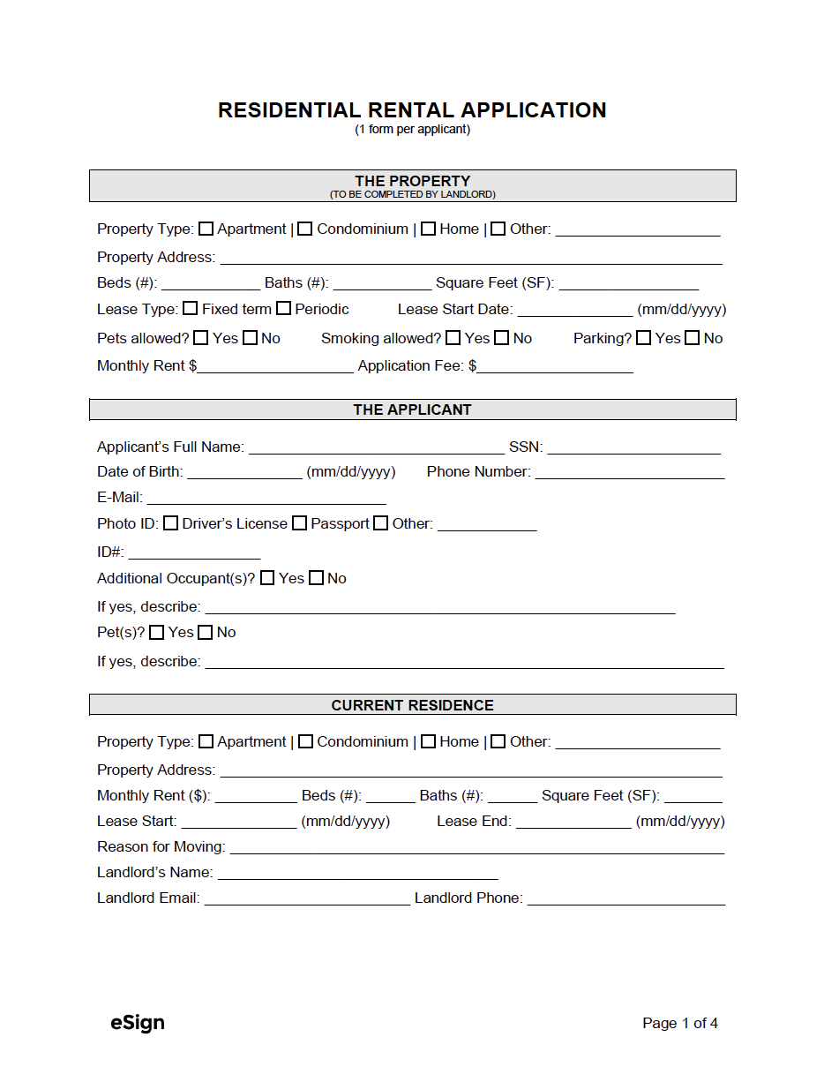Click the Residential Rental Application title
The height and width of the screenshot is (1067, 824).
(x=412, y=110)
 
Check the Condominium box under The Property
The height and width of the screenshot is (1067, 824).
(x=305, y=229)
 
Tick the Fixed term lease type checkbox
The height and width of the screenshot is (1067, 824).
(x=191, y=309)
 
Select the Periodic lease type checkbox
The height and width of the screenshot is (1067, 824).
(x=283, y=309)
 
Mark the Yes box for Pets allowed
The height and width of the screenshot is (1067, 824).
(x=201, y=338)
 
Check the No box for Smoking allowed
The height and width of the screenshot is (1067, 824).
(x=501, y=338)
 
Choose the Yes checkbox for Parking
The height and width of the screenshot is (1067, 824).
(x=643, y=338)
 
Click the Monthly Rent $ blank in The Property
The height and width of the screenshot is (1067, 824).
(x=275, y=365)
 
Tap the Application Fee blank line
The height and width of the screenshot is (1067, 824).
(x=555, y=365)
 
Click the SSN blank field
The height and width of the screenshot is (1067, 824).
(x=633, y=447)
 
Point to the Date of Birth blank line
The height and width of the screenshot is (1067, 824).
(x=244, y=471)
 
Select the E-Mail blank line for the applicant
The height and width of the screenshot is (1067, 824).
(x=266, y=497)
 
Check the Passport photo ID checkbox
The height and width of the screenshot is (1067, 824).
(x=300, y=523)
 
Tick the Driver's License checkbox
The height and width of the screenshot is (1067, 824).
(x=171, y=523)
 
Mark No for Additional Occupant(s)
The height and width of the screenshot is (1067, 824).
(x=316, y=579)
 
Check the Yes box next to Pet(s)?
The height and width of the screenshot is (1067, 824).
(x=157, y=633)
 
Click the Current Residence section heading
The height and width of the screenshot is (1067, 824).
(x=412, y=705)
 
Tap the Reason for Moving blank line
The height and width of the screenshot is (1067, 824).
(x=476, y=847)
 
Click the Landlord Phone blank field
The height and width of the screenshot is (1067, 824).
(x=625, y=898)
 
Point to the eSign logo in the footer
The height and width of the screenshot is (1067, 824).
(x=138, y=1023)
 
